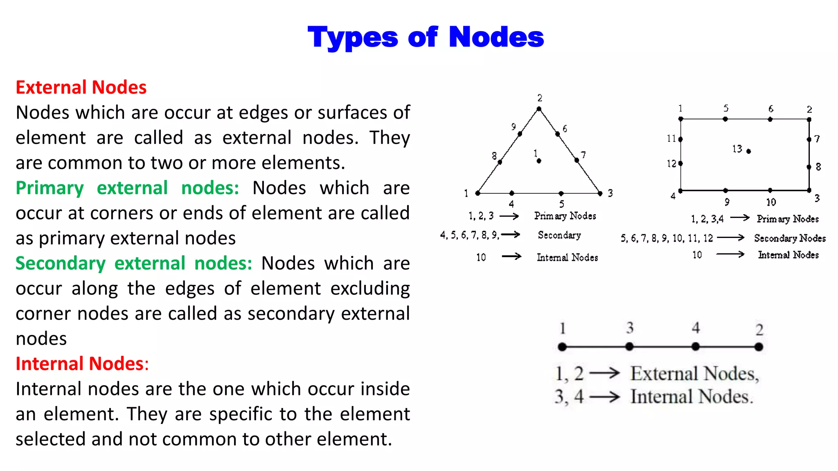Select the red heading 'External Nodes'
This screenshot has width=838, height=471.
pos(81,87)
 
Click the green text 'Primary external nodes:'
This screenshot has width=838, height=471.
pos(127,188)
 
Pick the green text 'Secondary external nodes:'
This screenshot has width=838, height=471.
pos(134,263)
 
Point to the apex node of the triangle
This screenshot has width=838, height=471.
pos(539,109)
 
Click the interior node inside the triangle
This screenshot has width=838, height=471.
pos(539,161)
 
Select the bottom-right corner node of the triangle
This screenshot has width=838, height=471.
pos(600,193)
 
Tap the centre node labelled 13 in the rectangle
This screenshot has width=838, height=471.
pos(748,151)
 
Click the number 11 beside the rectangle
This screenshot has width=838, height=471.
pos(671,139)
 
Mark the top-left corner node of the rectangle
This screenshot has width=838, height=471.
pos(681,119)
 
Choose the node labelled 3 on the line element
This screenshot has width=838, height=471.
pos(629,347)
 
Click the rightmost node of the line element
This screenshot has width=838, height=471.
pos(759,347)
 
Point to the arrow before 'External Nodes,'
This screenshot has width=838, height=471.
pos(604,373)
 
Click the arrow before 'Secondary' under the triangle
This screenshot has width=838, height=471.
pos(511,234)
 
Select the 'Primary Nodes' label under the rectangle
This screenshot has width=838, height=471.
pos(788,219)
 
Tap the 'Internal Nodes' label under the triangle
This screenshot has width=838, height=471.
pos(567,257)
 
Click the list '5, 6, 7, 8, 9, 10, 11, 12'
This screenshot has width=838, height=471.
pos(667,238)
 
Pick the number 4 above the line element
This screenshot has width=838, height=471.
pos(696,327)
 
